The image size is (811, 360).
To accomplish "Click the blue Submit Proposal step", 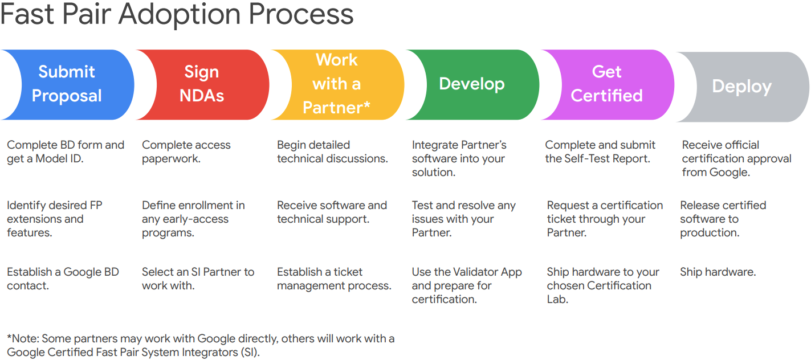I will click(67, 84).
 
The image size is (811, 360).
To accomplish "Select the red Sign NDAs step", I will click(202, 84).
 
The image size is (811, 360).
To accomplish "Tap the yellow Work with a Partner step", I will click(337, 84).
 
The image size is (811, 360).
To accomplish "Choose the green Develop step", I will click(472, 84).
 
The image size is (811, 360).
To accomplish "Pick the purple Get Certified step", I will click(606, 84).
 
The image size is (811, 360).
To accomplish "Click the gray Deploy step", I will click(741, 87).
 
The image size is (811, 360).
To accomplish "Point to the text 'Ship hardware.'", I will click(718, 272).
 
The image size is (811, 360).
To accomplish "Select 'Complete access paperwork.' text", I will click(186, 152).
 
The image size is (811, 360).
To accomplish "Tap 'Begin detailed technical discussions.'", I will click(332, 152).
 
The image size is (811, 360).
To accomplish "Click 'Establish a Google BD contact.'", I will click(63, 279).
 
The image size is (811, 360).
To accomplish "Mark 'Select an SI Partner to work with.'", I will click(198, 279).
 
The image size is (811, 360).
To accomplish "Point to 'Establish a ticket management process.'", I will click(334, 279).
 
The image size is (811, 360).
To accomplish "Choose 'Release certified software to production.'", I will click(723, 219).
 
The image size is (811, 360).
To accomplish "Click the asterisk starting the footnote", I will click(9, 338).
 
